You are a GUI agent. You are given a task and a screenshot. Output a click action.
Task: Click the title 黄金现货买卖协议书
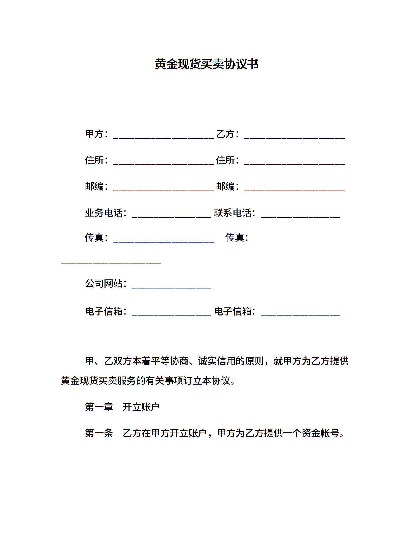pyautogui.click(x=207, y=64)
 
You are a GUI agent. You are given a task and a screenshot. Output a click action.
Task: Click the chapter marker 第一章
pyautogui.click(x=99, y=407)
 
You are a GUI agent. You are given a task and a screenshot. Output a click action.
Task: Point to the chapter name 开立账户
pyautogui.click(x=141, y=407)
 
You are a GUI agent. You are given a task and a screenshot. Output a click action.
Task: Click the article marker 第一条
pyautogui.click(x=99, y=433)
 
